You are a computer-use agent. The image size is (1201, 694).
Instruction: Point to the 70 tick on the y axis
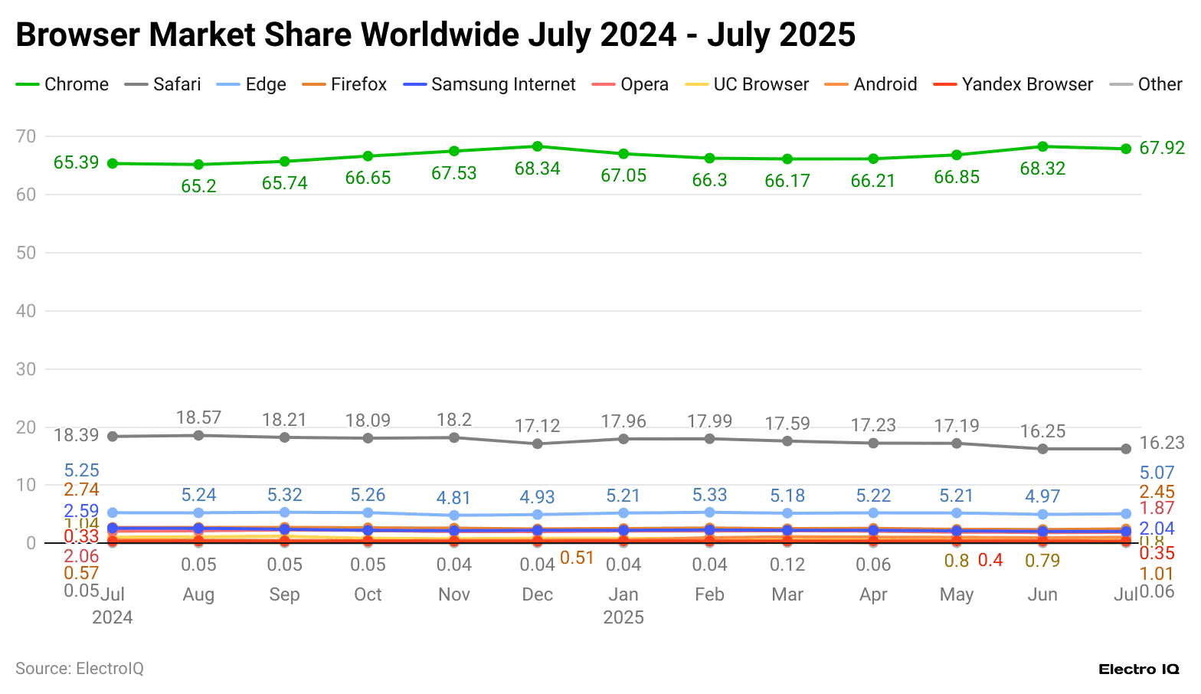[26, 136]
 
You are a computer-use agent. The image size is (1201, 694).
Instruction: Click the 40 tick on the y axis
[26, 311]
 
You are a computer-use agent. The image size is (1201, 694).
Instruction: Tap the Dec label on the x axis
[537, 594]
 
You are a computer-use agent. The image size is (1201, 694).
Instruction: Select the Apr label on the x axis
[873, 594]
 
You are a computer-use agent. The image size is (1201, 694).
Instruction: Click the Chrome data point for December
[537, 146]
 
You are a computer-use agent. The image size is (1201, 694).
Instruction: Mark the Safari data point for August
[198, 435]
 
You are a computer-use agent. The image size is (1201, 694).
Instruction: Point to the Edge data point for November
[454, 516]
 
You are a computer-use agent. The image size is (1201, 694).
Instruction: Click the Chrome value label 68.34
[537, 169]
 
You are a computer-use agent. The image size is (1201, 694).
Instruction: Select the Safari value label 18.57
[198, 417]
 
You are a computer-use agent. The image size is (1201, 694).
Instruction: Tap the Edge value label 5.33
[709, 495]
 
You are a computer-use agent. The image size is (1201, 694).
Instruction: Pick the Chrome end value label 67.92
[1161, 148]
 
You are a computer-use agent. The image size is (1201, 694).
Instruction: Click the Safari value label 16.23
[1161, 443]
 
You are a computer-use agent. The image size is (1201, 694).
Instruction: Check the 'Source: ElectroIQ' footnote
[80, 669]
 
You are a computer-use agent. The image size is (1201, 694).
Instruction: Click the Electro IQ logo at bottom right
[1138, 669]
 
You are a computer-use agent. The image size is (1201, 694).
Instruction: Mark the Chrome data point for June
[1042, 146]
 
